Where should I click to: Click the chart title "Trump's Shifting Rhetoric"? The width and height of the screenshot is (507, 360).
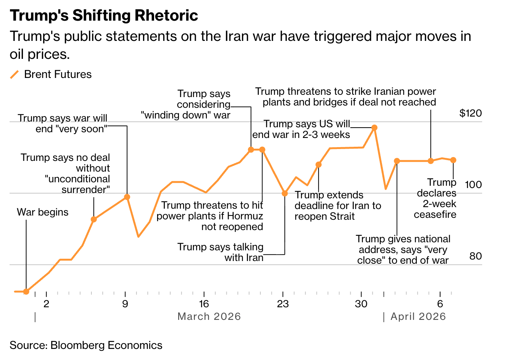click(104, 16)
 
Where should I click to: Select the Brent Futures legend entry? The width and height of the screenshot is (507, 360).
click(57, 74)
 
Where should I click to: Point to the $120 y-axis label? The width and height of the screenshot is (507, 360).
click(470, 113)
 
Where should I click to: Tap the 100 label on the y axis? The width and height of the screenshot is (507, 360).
click(473, 185)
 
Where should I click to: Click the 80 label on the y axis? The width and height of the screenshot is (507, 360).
click(475, 256)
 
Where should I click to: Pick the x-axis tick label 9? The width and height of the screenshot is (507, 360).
click(125, 304)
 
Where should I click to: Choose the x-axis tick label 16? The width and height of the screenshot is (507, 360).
click(204, 304)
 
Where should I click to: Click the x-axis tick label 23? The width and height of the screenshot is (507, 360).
click(283, 304)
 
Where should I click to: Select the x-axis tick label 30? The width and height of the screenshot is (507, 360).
click(361, 304)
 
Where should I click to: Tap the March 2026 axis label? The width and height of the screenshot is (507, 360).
click(209, 316)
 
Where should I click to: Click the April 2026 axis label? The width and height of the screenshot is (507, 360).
click(418, 316)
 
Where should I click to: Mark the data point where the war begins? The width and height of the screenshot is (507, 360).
click(26, 292)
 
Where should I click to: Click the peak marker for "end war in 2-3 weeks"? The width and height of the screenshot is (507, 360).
click(375, 128)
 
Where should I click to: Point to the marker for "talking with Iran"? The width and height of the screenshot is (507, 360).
click(284, 193)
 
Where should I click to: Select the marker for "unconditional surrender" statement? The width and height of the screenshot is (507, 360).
click(94, 219)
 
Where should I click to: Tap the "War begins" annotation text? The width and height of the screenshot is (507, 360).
click(42, 212)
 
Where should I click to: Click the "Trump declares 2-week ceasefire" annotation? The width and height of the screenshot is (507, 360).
click(436, 198)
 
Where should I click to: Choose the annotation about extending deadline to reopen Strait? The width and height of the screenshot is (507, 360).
click(338, 206)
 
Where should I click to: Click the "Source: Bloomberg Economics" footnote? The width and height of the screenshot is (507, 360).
click(86, 345)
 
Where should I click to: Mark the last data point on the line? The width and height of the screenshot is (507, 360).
click(453, 160)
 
